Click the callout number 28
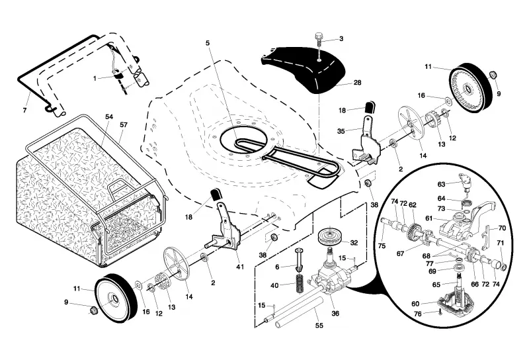click(x=357, y=83)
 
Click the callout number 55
click(x=319, y=325)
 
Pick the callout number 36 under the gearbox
click(x=335, y=314)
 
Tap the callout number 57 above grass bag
click(x=124, y=124)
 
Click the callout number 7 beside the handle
click(x=24, y=110)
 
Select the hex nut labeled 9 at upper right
click(x=492, y=75)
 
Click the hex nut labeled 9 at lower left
click(x=92, y=310)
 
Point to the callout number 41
click(x=239, y=267)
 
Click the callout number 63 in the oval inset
click(x=441, y=184)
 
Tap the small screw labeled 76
click(x=440, y=313)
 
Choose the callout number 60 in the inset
click(x=415, y=304)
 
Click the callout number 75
click(x=382, y=246)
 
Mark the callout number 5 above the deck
click(x=208, y=43)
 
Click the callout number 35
click(x=341, y=131)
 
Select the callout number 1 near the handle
click(x=95, y=78)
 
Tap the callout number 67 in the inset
click(x=401, y=253)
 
